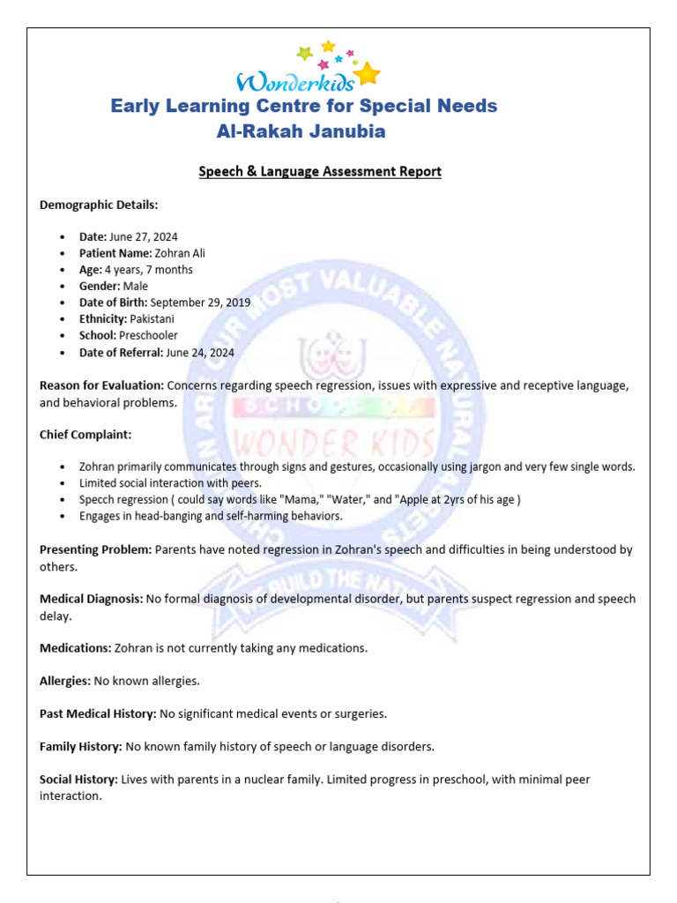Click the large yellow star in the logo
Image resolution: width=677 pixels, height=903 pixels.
pos(368,72)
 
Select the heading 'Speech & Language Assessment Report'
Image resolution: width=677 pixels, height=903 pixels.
pos(320,172)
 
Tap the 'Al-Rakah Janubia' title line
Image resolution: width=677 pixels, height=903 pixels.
pos(301,132)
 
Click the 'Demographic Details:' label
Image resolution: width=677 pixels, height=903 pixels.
pos(99,205)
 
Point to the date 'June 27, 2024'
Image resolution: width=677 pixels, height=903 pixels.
pos(144,236)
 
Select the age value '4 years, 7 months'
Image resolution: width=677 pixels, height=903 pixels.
pos(148,270)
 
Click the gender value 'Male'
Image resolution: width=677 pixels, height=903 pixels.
pos(136,286)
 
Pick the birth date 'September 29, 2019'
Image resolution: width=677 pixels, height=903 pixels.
pos(200,302)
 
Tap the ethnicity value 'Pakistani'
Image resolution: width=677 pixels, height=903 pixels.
pos(153,318)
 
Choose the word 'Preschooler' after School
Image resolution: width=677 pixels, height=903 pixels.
pos(148,335)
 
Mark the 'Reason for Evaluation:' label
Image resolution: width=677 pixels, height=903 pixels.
pos(101,385)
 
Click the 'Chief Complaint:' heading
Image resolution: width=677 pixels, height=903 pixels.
pos(84,435)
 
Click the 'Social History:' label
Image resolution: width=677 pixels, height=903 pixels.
pos(78,780)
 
